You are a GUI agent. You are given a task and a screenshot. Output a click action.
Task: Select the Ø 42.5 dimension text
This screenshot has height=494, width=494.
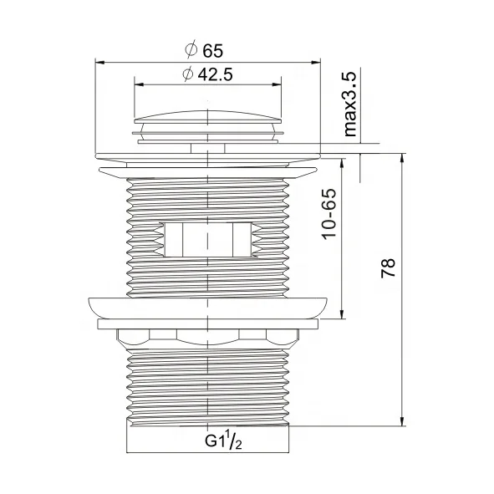[x=206, y=74]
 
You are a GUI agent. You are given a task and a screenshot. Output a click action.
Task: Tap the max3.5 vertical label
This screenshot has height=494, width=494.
[x=350, y=104]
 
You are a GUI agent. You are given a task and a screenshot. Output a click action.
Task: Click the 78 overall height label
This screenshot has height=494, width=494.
[x=387, y=269]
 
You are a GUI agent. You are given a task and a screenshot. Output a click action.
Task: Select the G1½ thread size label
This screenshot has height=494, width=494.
[x=224, y=441]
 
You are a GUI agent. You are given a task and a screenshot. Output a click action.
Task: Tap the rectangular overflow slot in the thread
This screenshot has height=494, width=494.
[x=207, y=239]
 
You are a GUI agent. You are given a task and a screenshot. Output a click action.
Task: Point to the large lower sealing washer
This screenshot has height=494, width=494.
[x=207, y=306]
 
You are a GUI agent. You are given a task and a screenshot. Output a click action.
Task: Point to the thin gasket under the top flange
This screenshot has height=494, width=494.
[x=207, y=171]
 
